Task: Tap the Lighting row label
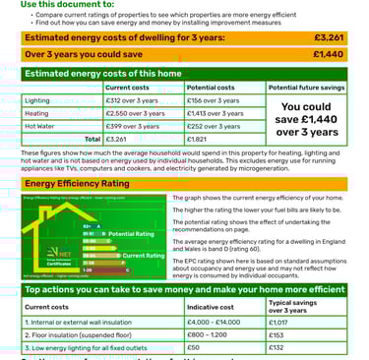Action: pos(37,100)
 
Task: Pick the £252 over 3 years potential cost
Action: pos(209,126)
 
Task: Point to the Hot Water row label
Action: pos(40,126)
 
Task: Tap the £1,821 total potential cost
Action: pos(200,139)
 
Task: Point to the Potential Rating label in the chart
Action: pos(131,233)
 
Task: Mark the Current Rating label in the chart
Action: pos(143,256)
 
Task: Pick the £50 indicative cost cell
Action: pos(195,347)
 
